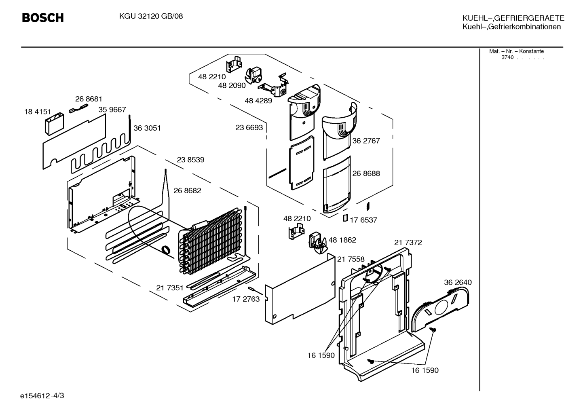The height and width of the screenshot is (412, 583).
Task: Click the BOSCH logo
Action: point(43,18)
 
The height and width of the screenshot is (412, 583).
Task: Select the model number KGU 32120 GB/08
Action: point(151,16)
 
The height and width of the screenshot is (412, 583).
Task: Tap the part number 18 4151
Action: point(38,112)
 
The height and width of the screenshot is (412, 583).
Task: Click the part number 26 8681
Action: point(89,99)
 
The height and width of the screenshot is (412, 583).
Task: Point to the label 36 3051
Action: point(147,128)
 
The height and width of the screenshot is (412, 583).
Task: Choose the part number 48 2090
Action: point(232,85)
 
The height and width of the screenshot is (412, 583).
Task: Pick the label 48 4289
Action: point(258,100)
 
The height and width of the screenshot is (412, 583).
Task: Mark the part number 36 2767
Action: point(366,141)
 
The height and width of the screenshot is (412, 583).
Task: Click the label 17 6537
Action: point(363,220)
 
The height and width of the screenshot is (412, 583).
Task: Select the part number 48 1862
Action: point(342,240)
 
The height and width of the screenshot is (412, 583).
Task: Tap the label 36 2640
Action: point(458,282)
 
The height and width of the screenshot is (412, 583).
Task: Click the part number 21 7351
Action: point(170,288)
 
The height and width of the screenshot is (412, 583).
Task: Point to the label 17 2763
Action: point(246,299)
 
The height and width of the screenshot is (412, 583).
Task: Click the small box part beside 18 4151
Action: point(55,124)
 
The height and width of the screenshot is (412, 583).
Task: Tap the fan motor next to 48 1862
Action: point(317,243)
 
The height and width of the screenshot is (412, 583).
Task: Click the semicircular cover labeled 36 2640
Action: point(440,309)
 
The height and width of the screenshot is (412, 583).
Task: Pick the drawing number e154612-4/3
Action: point(42,396)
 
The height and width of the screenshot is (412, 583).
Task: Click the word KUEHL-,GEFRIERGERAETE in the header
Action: point(513,18)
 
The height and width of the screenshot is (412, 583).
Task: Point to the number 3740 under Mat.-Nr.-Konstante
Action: point(507,57)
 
